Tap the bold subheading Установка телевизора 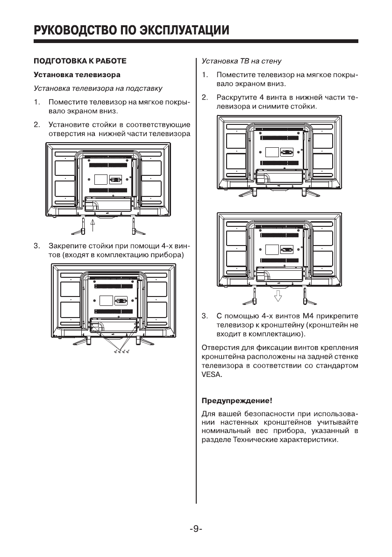[77, 74]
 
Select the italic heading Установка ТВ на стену [241, 61]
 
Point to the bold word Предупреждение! [236, 401]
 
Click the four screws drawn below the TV [121, 350]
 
